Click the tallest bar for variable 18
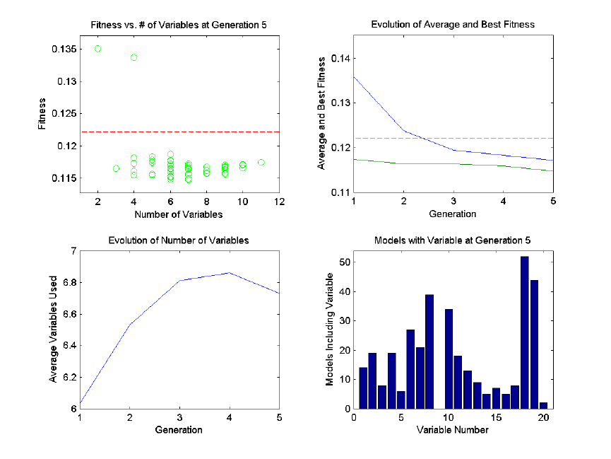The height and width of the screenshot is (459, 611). (x=524, y=332)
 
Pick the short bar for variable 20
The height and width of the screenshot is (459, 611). (x=544, y=405)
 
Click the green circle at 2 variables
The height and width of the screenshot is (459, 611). (x=98, y=49)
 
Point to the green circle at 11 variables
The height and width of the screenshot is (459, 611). (x=261, y=162)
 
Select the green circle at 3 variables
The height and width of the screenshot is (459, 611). (x=116, y=168)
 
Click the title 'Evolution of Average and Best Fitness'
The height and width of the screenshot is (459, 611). (x=453, y=25)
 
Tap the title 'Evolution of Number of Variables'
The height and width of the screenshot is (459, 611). (x=179, y=240)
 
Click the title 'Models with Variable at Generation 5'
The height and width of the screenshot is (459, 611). (x=453, y=240)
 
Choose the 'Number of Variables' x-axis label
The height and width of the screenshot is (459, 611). (x=179, y=214)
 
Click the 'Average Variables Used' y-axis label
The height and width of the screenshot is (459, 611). (x=53, y=330)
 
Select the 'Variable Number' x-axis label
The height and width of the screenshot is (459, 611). (x=453, y=429)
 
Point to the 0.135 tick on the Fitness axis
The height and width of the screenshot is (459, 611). (x=61, y=49)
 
